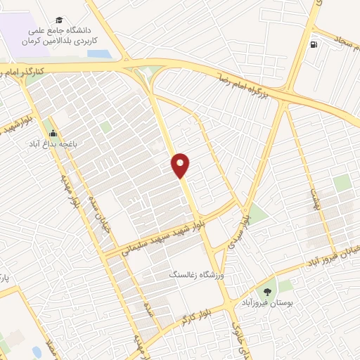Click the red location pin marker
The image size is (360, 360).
[181, 165]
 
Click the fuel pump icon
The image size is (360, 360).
[314, 45]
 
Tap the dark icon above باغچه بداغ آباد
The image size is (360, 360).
[52, 133]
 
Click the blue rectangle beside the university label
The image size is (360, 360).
[98, 54]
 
